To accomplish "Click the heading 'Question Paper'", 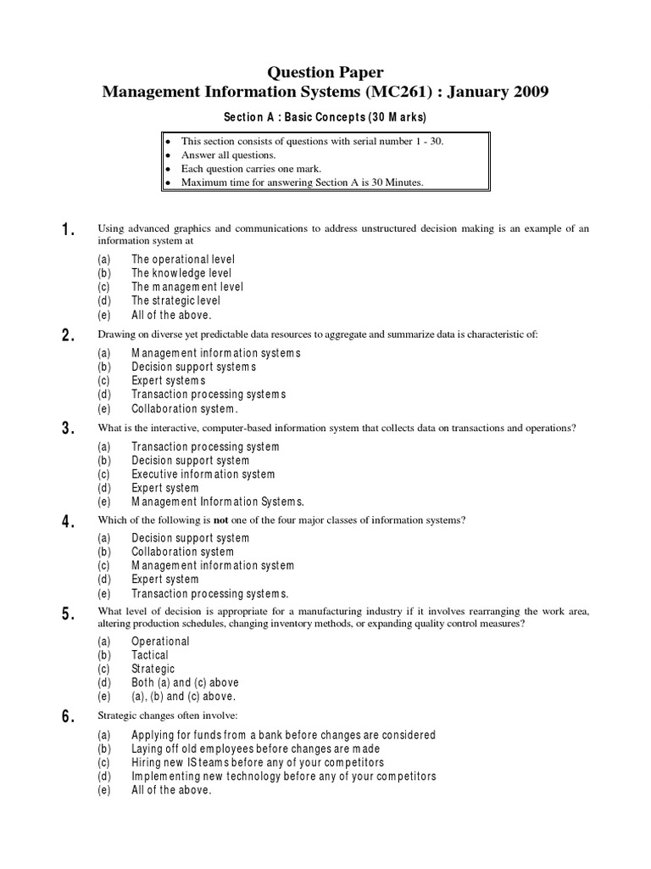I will coord(325,74).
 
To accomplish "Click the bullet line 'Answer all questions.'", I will coord(228,155).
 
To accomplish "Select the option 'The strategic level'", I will coord(175,300).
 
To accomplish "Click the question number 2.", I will coord(69,335).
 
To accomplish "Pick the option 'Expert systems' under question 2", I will coord(168,381).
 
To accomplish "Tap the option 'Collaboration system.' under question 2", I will coord(182,408).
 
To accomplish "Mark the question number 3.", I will coord(69,429).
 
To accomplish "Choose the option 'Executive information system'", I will coord(203,474).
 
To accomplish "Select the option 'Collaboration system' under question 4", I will coord(182,552).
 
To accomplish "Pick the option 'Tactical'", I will coord(150,655).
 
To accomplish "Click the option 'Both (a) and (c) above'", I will coord(185,682).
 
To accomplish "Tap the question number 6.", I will coord(69,717).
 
